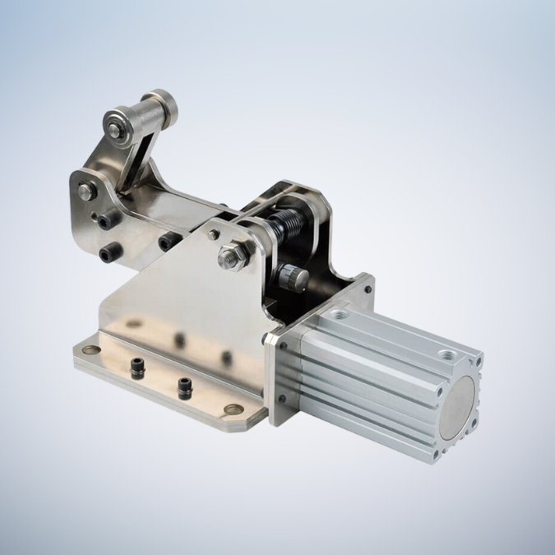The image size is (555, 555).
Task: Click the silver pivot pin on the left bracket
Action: [x=86, y=192]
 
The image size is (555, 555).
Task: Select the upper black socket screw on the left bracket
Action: [x=105, y=220]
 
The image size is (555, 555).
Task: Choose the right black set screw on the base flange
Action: [x=185, y=384]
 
